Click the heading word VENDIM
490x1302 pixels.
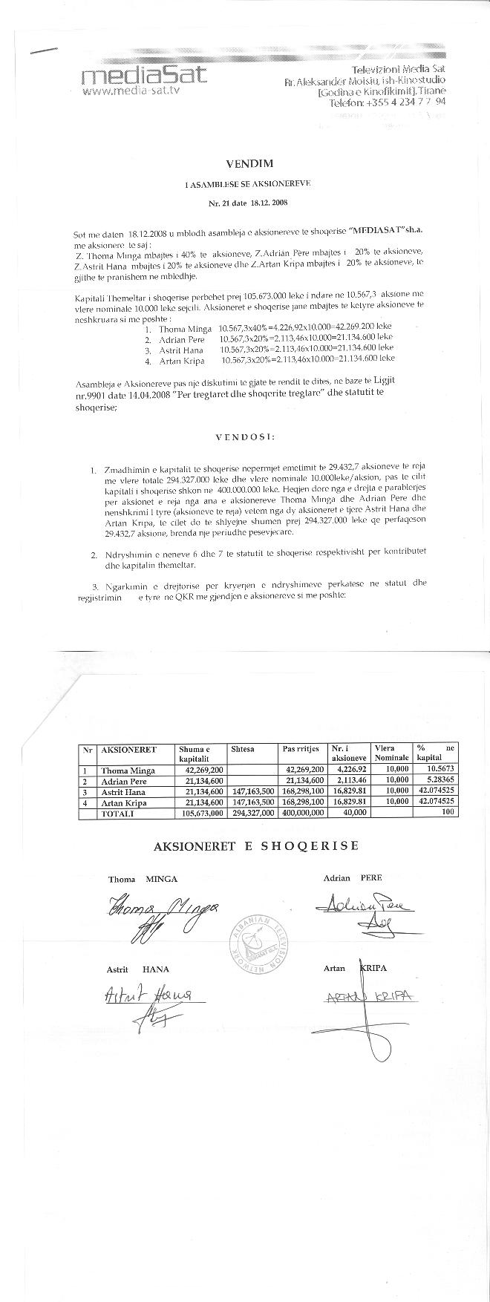(x=244, y=163)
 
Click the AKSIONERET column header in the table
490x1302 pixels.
(x=128, y=749)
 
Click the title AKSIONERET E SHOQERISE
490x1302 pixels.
(x=255, y=846)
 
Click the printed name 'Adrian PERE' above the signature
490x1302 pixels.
(x=352, y=877)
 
